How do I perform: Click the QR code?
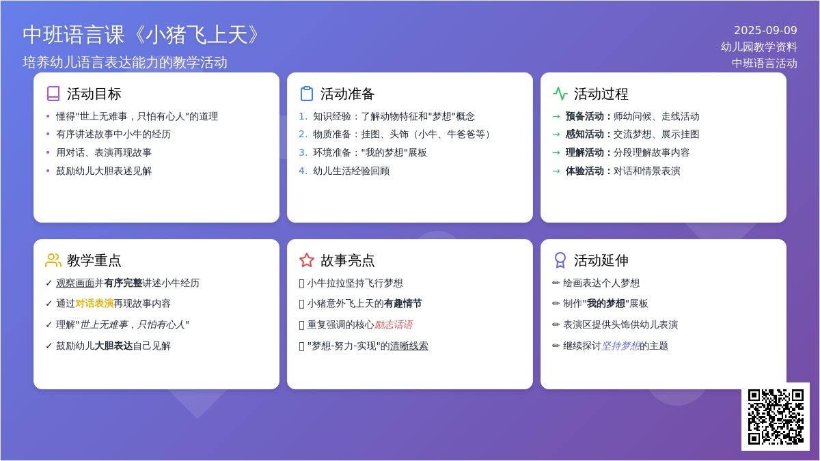coord(776,417)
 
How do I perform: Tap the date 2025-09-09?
coord(765,30)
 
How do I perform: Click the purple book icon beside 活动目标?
coord(53,94)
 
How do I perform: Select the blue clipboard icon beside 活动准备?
coord(307,94)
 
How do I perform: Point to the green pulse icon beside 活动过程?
coord(560,94)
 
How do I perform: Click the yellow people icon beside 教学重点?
coord(53,260)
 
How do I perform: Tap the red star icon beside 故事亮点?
coord(307,260)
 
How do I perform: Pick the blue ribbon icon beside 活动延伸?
coord(560,260)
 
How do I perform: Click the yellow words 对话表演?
coord(94,303)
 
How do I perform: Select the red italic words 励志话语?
coord(394,324)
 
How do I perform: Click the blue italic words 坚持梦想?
coord(620,346)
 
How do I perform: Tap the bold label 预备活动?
coord(585,116)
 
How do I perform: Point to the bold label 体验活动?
coord(585,171)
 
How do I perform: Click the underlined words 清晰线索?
coord(409,346)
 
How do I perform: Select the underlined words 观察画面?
coord(75,283)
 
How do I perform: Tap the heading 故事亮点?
coord(347,260)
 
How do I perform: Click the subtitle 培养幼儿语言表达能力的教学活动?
coord(125,62)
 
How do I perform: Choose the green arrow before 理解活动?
coord(556,152)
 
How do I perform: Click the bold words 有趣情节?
coord(403,303)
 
